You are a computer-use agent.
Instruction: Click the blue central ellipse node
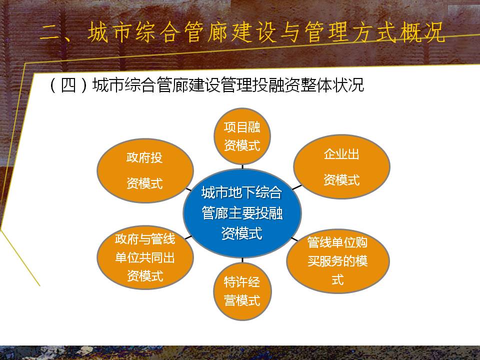click(242, 213)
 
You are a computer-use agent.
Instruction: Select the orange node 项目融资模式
click(242, 136)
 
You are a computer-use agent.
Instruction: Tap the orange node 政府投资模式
click(145, 170)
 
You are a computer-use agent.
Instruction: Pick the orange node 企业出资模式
click(341, 166)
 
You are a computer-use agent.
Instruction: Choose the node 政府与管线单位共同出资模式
click(145, 257)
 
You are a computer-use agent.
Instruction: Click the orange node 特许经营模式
click(242, 291)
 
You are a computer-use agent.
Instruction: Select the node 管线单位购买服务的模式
click(337, 261)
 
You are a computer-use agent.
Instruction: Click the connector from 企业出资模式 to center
click(297, 187)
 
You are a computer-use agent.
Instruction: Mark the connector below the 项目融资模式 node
click(242, 167)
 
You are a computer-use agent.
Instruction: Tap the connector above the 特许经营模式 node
click(242, 260)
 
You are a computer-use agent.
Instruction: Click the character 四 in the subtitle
click(68, 85)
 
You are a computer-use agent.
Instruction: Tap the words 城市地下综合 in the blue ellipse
click(242, 192)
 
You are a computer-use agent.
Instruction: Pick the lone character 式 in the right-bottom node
click(337, 279)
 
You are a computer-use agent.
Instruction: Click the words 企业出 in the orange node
click(341, 154)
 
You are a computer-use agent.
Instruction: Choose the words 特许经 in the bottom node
click(242, 282)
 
